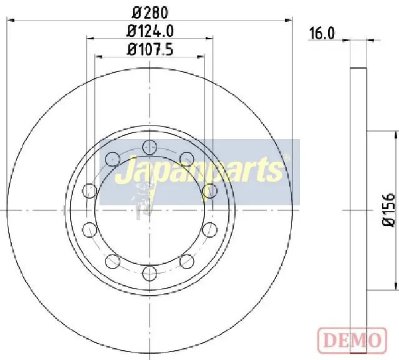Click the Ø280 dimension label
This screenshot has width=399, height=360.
150,12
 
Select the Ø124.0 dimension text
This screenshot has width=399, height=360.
150,31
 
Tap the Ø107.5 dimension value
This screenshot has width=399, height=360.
150,49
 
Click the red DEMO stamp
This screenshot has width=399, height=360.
352,339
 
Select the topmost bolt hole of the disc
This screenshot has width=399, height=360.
150,147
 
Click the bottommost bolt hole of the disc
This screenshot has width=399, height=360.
150,273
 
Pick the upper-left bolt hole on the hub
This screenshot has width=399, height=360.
112,159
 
